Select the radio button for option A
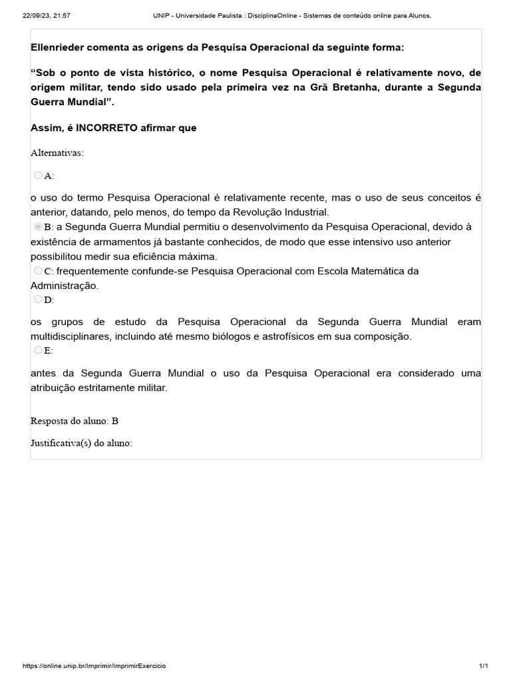click(37, 175)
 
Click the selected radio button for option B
click(37, 227)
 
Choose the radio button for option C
click(37, 271)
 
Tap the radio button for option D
click(37, 299)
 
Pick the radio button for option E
click(37, 350)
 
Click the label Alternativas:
click(57, 153)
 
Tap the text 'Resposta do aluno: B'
click(75, 421)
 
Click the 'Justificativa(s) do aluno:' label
click(82, 442)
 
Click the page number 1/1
click(484, 666)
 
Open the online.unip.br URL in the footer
click(94, 666)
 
